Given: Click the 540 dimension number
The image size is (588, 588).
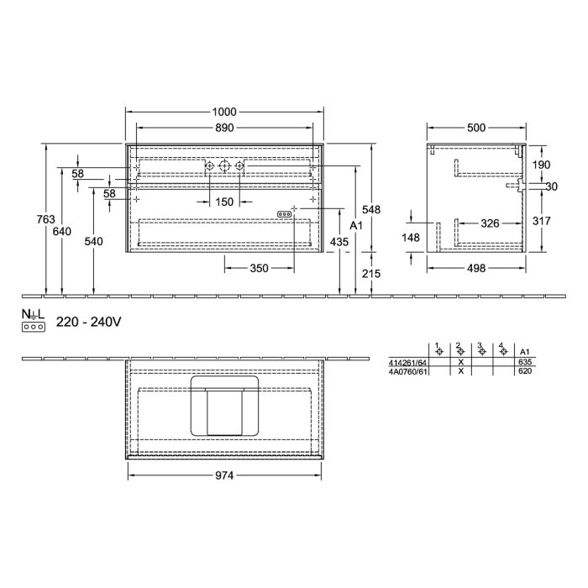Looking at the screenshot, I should point(94,242).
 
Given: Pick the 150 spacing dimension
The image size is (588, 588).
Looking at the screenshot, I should point(224,202).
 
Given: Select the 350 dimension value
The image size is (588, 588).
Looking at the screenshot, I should point(259,269).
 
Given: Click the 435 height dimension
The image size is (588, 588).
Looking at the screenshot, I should point(339,242).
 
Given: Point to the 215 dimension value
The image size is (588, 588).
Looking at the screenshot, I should point(382,274).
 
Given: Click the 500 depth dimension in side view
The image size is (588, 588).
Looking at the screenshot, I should point(476,128).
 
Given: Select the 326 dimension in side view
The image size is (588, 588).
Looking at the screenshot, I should point(491,224).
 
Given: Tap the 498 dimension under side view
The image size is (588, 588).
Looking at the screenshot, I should point(476,269).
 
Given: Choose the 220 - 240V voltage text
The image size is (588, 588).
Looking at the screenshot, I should point(89,322).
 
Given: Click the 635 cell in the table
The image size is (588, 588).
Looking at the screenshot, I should point(526,362).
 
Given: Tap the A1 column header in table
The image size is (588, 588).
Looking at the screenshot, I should point(526,351).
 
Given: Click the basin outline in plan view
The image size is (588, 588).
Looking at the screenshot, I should point(224,406).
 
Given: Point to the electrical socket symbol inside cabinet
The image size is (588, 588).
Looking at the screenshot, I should point(285,214).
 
